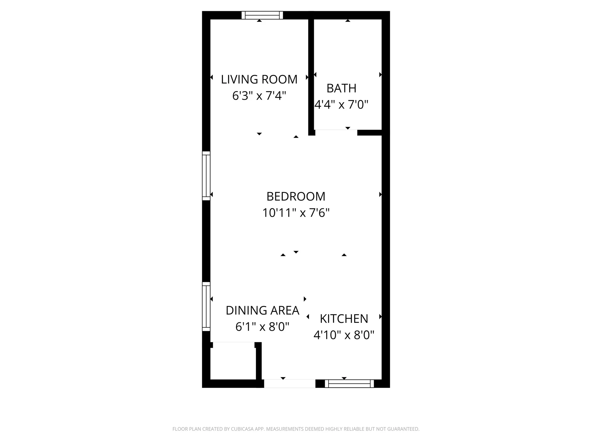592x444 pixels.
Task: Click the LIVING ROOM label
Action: click(x=259, y=80)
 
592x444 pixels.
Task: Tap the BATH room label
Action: click(x=341, y=88)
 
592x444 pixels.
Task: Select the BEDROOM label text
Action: click(x=296, y=196)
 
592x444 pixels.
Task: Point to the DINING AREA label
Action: click(x=262, y=310)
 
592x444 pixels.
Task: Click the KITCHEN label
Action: click(x=344, y=319)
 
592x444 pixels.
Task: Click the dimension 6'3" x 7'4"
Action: click(x=259, y=96)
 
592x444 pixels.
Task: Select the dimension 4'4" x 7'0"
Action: click(x=341, y=105)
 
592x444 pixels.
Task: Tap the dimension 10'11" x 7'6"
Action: click(x=296, y=213)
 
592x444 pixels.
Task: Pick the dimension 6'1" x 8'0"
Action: click(x=262, y=327)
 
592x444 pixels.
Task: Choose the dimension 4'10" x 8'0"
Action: click(x=344, y=335)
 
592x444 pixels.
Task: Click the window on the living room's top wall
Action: click(x=262, y=15)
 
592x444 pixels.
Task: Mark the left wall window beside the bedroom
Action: click(x=206, y=176)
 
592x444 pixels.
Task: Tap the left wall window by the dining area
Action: click(x=206, y=306)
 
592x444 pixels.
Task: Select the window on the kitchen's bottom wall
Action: click(x=349, y=384)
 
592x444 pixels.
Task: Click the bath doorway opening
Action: click(x=336, y=133)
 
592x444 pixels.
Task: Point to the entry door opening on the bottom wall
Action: click(x=290, y=384)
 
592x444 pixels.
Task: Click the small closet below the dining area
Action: click(x=233, y=361)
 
